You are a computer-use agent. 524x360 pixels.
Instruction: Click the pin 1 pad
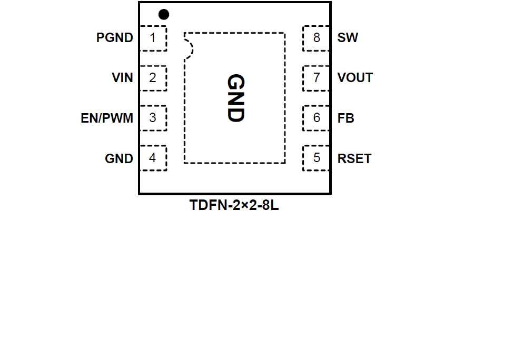tap(153, 38)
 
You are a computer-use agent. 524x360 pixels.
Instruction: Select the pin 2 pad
tap(153, 78)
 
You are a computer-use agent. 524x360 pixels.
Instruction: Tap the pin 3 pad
tap(153, 118)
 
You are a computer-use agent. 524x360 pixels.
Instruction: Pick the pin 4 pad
tap(153, 158)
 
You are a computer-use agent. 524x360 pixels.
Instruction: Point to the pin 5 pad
tap(316, 158)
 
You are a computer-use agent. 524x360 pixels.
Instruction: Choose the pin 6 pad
tap(316, 118)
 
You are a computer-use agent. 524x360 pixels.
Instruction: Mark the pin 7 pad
tap(316, 78)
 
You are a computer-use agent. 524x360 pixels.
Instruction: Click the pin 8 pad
tap(316, 38)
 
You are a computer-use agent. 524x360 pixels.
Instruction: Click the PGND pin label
tap(115, 38)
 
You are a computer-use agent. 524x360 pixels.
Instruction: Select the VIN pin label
tap(122, 78)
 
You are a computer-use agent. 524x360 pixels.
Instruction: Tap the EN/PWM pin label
tap(107, 118)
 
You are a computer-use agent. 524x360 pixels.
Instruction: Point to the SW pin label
tap(348, 38)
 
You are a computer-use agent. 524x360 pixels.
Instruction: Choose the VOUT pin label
tap(355, 78)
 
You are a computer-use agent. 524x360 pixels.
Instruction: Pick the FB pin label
tap(345, 118)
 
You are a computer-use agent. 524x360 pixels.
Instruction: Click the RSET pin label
tap(354, 158)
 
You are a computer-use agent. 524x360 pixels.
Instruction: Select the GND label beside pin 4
tap(119, 158)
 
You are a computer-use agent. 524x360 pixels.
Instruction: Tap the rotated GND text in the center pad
tap(235, 98)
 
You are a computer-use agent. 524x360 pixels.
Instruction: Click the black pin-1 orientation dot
tap(164, 14)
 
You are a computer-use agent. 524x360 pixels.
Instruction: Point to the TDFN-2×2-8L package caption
tap(234, 206)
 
